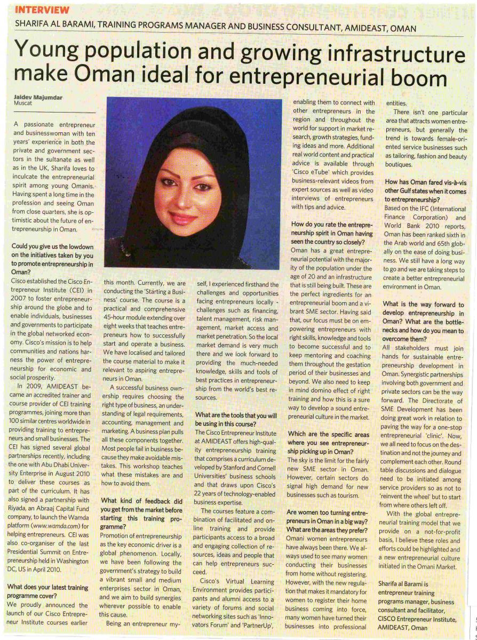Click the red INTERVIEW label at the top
pos(42,10)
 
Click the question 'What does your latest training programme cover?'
pos(47,592)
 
